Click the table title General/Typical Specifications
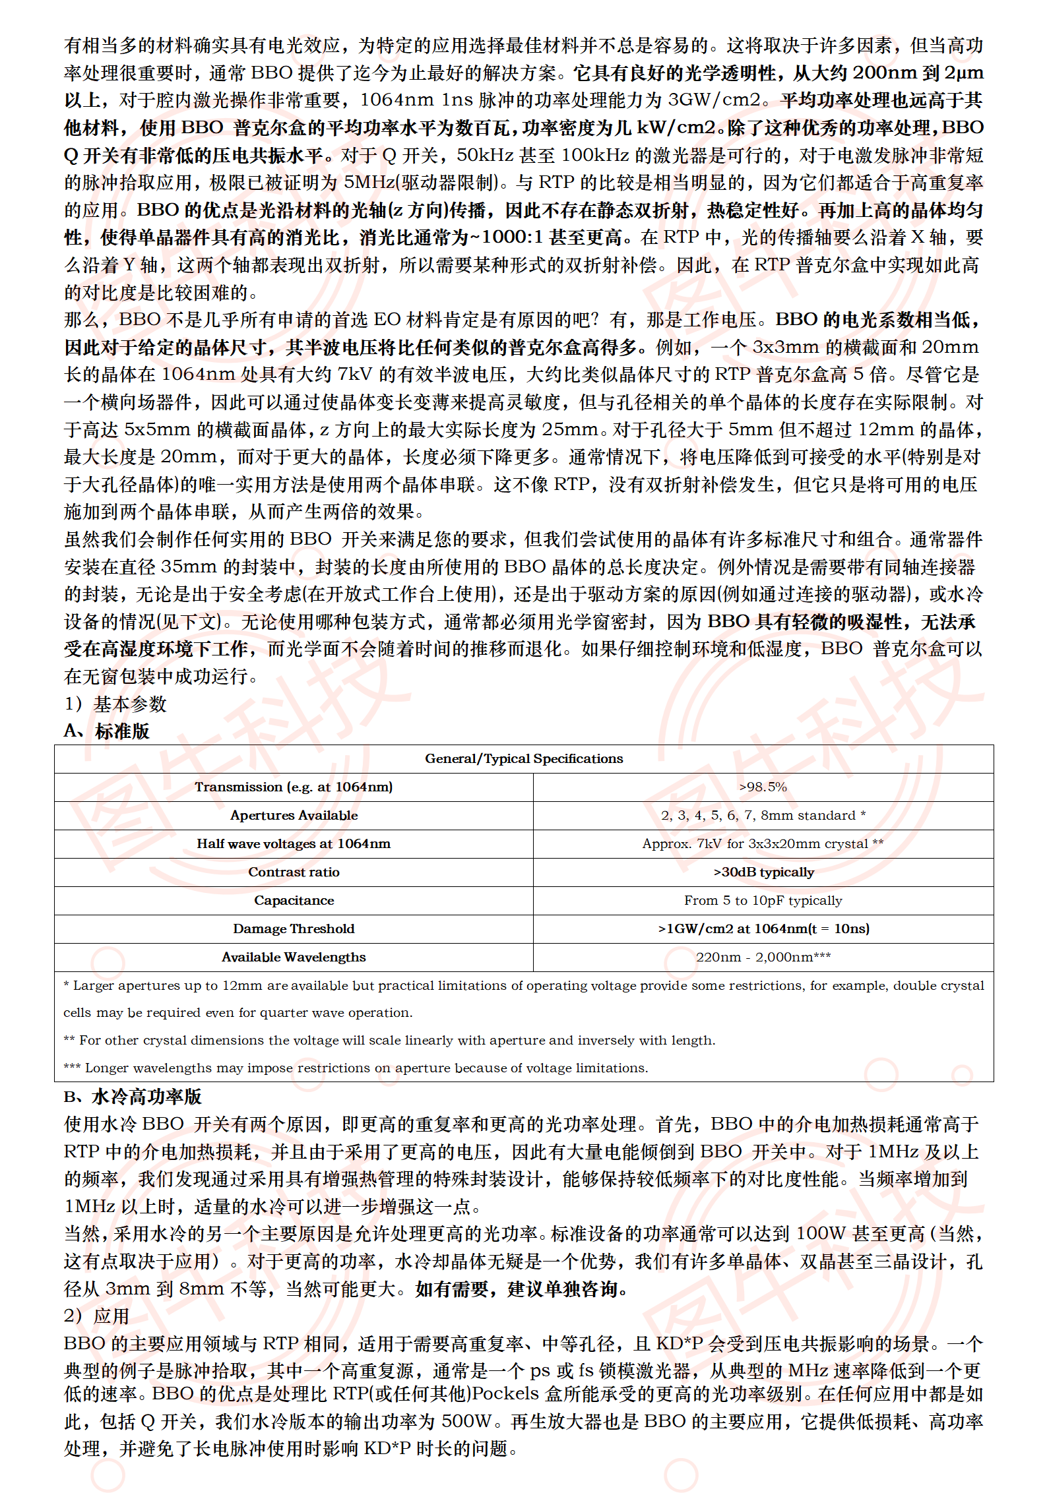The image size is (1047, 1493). click(x=524, y=758)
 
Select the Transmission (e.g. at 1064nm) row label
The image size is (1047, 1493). click(x=294, y=787)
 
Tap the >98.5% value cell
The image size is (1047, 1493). click(x=763, y=787)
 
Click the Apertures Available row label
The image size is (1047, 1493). click(x=294, y=815)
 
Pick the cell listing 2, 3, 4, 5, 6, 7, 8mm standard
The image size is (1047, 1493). click(x=763, y=815)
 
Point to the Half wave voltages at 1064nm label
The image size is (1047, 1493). click(x=294, y=843)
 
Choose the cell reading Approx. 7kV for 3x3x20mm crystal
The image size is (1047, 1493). click(x=763, y=843)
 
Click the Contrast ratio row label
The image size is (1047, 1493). click(x=294, y=872)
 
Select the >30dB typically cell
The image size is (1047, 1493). click(x=763, y=872)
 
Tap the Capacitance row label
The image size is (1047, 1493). click(x=294, y=900)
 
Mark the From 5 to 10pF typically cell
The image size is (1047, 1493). click(x=763, y=900)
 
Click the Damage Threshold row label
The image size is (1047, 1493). click(x=294, y=929)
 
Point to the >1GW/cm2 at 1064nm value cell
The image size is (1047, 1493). click(x=763, y=929)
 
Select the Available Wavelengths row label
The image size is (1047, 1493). click(x=294, y=957)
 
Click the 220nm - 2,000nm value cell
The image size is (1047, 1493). click(x=763, y=957)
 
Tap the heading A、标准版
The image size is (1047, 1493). click(x=107, y=731)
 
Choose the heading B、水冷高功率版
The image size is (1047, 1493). click(x=133, y=1097)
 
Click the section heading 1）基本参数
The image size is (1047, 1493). click(x=115, y=704)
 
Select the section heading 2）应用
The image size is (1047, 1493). click(x=97, y=1316)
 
